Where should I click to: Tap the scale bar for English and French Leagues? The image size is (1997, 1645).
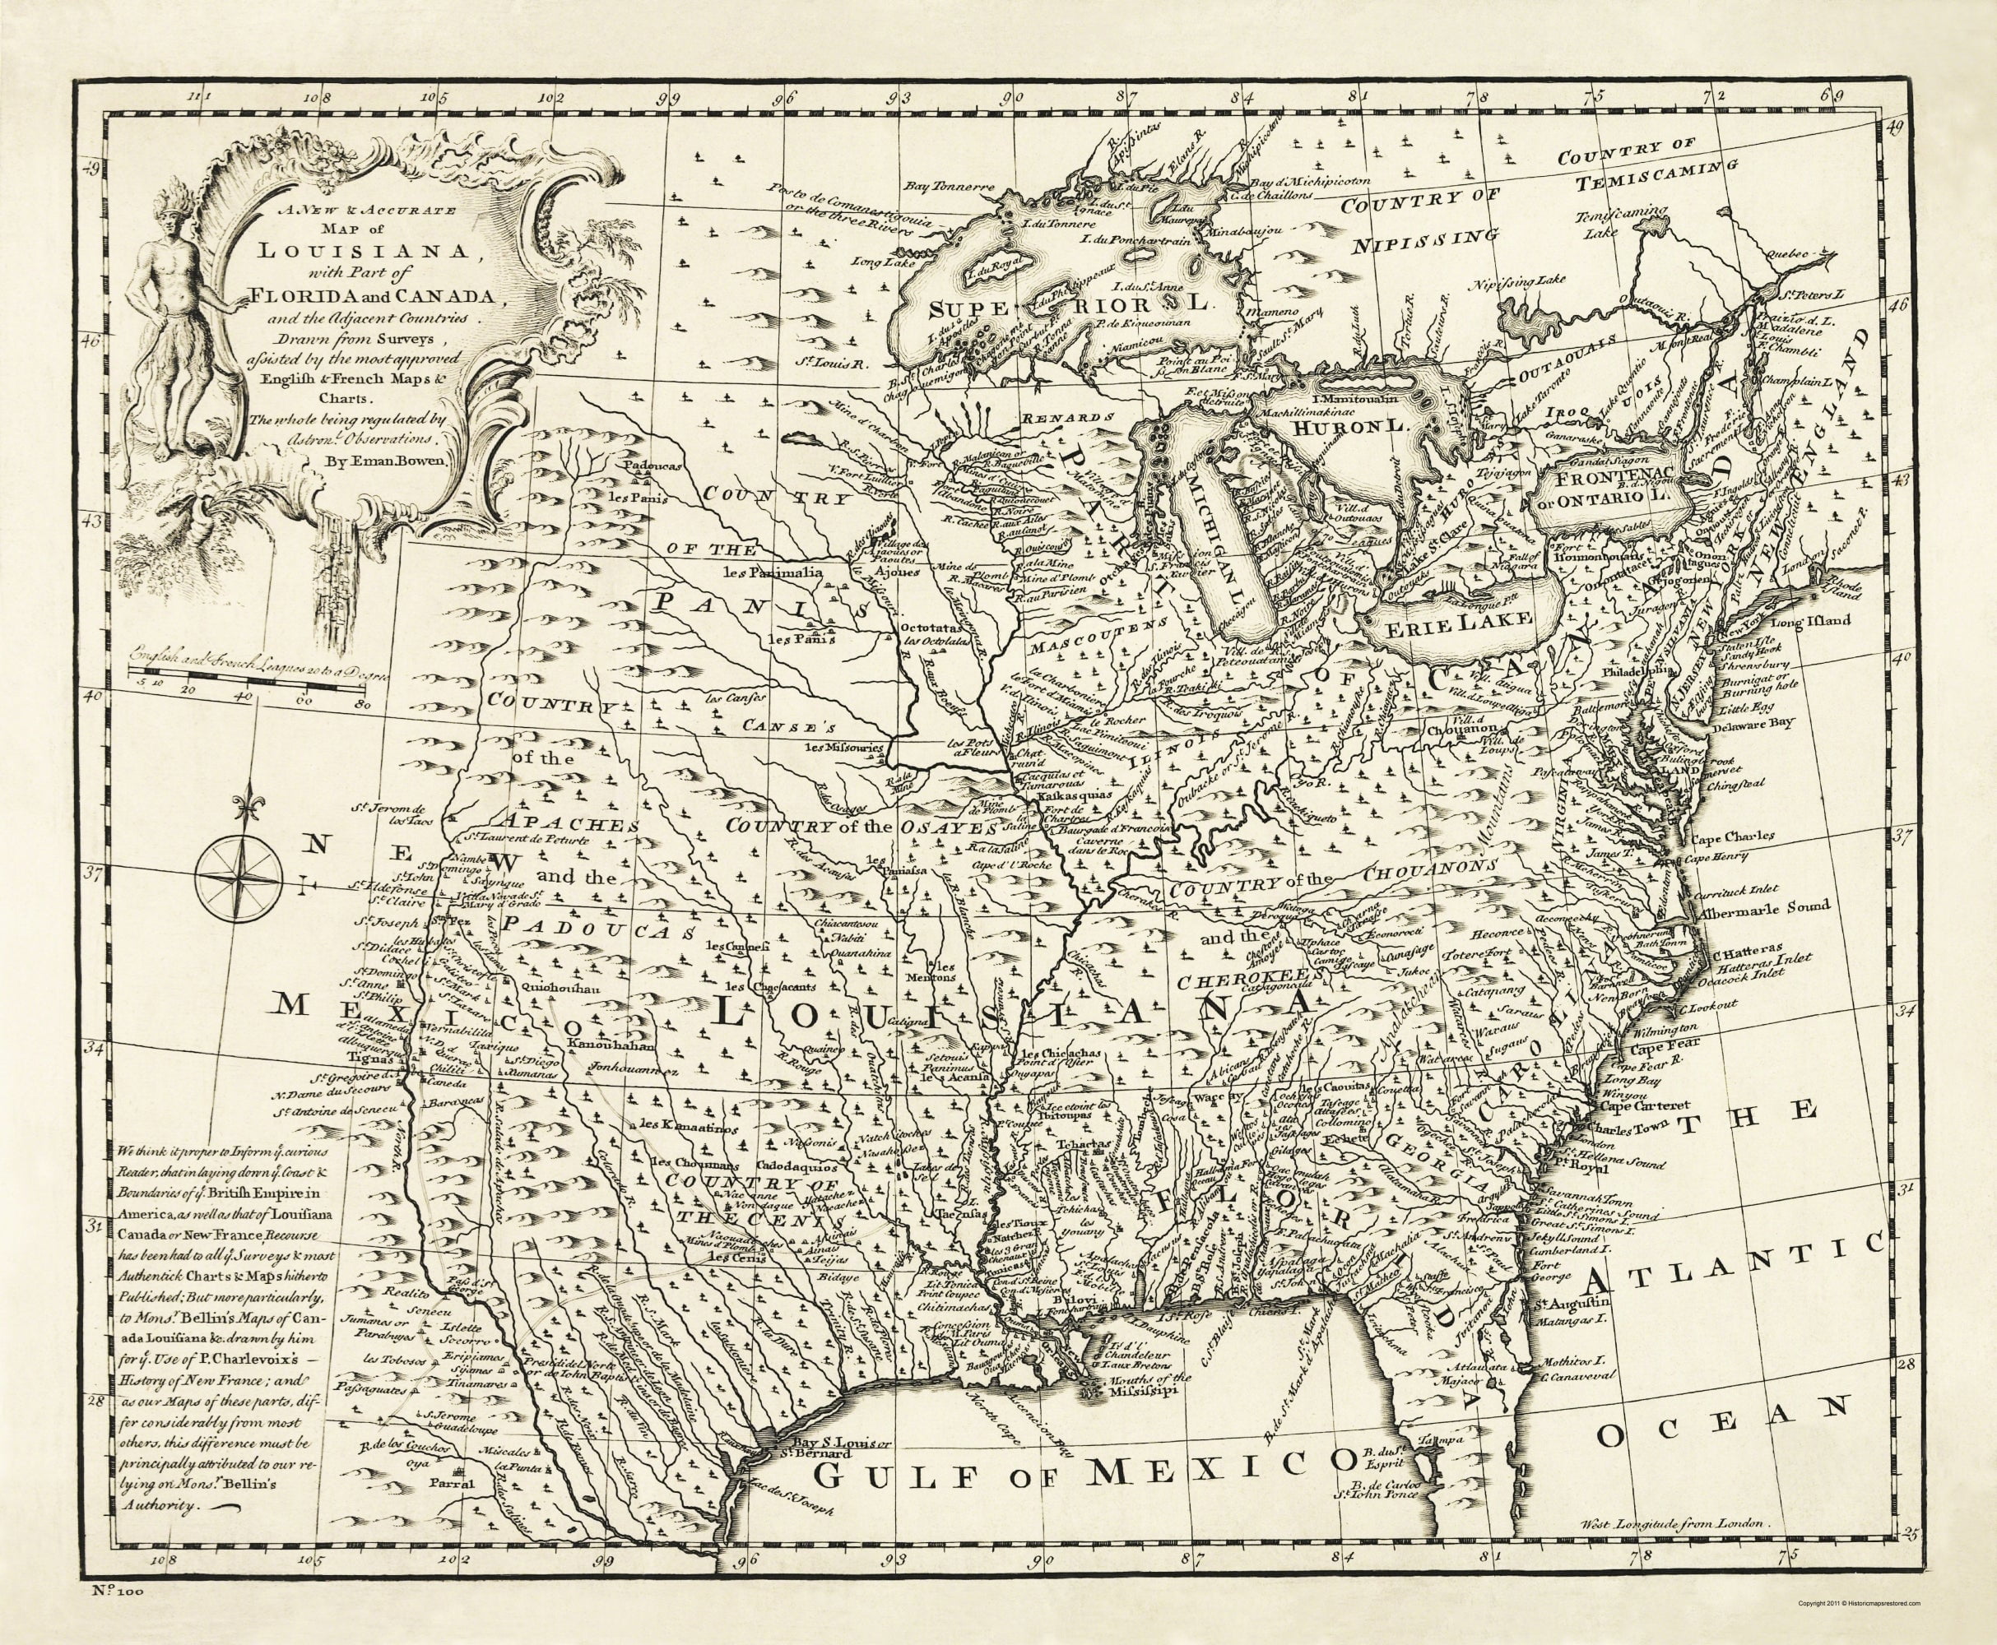pyautogui.click(x=251, y=679)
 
